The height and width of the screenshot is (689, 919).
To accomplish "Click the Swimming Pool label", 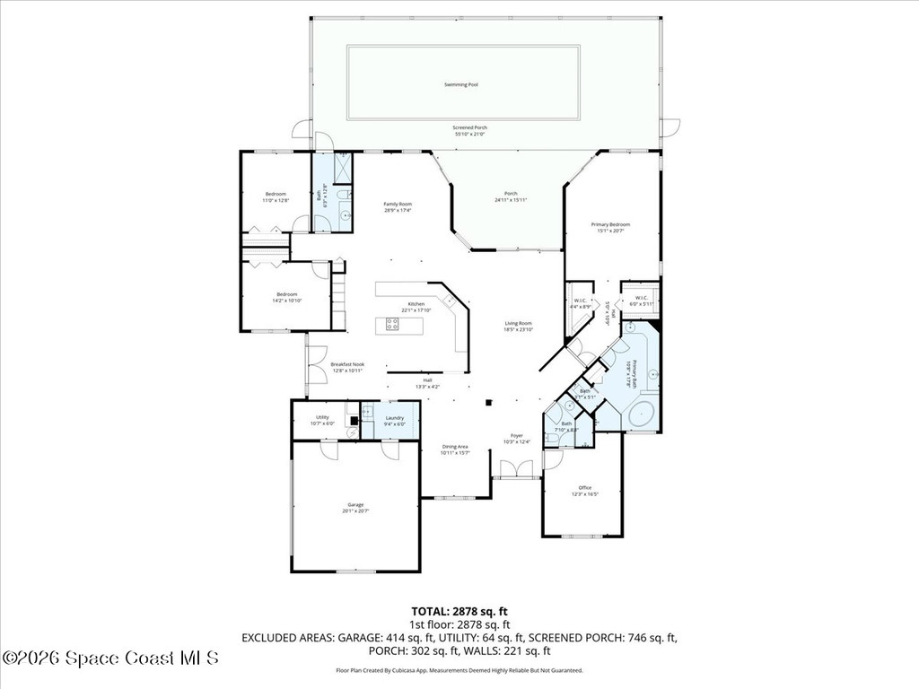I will point(461,85).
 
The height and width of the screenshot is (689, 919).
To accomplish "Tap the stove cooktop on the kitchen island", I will point(392,323).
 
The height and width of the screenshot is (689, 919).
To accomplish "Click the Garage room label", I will point(356,505).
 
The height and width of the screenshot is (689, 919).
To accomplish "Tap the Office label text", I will point(585,488).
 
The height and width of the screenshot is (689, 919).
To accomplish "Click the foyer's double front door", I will point(517,469).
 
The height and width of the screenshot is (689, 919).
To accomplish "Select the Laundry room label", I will point(394,417).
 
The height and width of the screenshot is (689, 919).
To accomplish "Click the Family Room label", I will point(398,204).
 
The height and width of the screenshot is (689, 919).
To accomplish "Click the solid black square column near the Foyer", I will point(488,403).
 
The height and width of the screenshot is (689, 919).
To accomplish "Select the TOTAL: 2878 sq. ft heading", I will point(459,610).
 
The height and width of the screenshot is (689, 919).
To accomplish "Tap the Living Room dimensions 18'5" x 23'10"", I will point(519,330).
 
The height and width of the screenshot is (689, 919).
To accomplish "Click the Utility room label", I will point(322,417).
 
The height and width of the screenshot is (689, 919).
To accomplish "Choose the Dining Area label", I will point(455,446).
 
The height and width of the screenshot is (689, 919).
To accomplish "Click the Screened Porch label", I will point(470,127).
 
